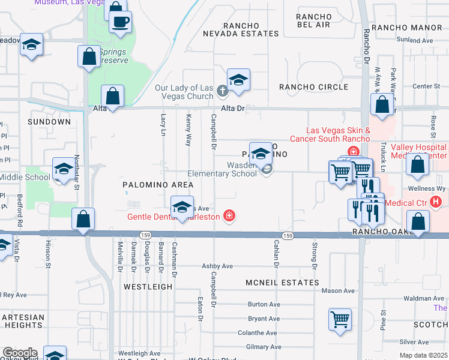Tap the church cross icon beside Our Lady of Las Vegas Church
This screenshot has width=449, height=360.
pos(222,91)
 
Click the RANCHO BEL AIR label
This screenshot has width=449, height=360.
pos(313,20)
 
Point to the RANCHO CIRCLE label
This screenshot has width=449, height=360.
pos(313,87)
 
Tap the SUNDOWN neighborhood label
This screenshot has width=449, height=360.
pos(49,122)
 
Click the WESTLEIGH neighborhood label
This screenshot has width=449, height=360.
pos(148,287)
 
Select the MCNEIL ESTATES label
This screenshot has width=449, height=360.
pos(282,282)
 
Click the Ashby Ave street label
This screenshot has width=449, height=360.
pos(217,266)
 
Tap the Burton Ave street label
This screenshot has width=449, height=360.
pos(264,304)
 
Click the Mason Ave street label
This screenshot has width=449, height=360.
pos(338,291)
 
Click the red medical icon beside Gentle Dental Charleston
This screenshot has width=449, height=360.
pos(229,215)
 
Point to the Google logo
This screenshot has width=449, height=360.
pos(20,353)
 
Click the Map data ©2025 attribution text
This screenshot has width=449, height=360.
pos(423,355)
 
